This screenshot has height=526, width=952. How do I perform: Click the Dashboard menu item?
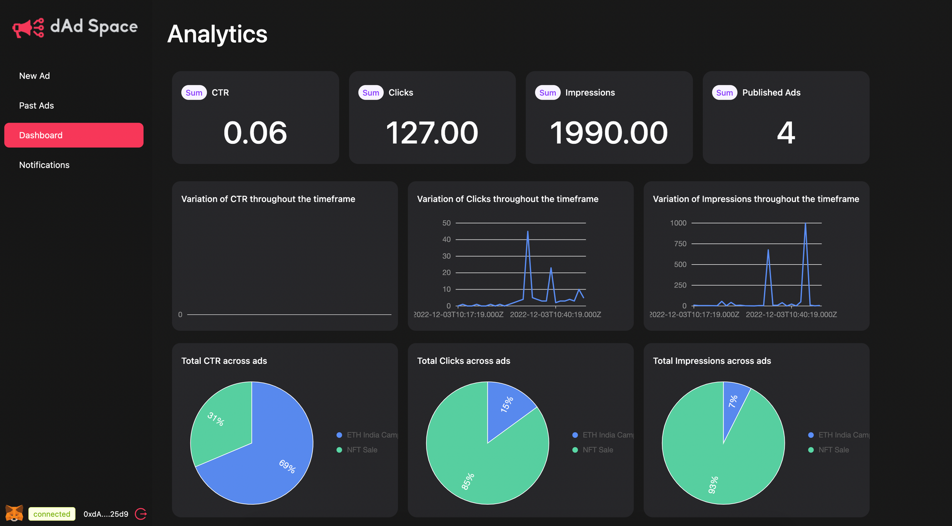pos(73,135)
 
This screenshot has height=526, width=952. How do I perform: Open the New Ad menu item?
pos(35,76)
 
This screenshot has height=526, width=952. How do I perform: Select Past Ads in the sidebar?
pos(37,106)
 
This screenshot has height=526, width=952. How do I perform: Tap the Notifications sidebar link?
pos(45,165)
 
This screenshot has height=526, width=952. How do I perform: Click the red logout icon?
pos(141,514)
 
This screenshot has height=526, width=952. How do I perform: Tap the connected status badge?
pos(52,514)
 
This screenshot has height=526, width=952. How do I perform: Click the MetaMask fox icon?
pos(14,514)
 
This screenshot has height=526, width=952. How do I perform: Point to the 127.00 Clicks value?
pos(432,133)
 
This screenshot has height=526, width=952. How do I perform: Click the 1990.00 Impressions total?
pos(609,133)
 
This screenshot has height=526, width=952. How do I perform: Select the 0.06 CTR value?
pos(255,133)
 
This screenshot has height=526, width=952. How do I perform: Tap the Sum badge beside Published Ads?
pos(724,93)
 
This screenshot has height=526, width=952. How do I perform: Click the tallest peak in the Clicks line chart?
pos(528,232)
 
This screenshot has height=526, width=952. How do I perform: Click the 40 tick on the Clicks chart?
pos(446,239)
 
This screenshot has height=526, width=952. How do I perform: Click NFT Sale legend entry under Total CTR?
pos(361,450)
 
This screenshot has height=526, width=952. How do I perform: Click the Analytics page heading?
pos(217,34)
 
